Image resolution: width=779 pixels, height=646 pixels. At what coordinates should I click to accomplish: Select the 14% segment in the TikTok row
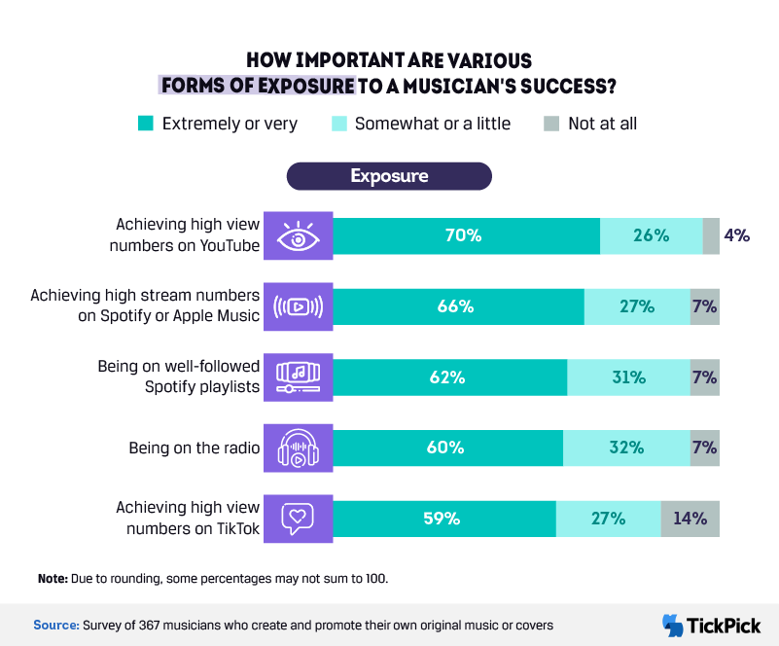[690, 519]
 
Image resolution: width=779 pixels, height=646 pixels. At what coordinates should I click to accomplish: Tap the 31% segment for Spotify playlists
[628, 377]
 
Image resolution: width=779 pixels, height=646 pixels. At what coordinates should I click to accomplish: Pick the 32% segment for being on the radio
[626, 448]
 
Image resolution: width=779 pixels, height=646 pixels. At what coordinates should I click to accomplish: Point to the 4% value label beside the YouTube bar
[736, 235]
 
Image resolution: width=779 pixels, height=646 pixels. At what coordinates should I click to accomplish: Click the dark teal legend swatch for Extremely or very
[146, 124]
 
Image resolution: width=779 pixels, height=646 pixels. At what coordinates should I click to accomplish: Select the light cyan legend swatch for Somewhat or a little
[338, 124]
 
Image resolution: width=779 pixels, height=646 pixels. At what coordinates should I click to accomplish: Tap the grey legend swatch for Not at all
[551, 124]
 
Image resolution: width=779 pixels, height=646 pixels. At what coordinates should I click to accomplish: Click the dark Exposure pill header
[389, 176]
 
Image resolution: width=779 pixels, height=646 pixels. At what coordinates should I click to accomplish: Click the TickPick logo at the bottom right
[712, 625]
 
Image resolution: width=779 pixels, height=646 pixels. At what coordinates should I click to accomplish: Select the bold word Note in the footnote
[53, 579]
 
